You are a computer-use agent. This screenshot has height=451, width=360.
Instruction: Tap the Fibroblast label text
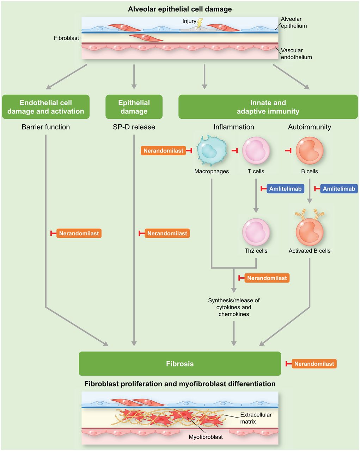66,38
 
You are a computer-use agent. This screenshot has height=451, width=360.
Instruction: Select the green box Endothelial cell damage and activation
46,107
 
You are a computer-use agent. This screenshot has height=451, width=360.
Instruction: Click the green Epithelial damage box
134,107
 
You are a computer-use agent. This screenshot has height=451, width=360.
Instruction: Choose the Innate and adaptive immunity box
268,107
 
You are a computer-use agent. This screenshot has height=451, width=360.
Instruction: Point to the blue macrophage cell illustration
212,150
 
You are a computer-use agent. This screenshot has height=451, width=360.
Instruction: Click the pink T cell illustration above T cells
256,150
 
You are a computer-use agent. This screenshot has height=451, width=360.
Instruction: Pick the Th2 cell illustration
256,232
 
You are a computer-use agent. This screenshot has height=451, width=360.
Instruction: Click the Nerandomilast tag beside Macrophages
163,150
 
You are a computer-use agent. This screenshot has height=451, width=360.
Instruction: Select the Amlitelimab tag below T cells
285,189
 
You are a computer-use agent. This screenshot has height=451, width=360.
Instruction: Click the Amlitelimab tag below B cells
339,189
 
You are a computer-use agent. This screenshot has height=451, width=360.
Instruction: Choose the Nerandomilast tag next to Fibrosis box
314,364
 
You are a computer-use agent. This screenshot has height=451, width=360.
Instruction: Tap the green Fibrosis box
180,364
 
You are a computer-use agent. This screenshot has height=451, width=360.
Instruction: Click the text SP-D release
134,127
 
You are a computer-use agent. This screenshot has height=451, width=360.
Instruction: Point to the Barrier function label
46,127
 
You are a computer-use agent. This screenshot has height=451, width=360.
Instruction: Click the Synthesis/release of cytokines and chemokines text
234,307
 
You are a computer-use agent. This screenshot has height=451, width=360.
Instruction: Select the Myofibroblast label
206,437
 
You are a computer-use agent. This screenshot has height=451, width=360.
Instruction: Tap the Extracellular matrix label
256,418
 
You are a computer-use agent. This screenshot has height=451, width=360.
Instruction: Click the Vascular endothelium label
296,54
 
